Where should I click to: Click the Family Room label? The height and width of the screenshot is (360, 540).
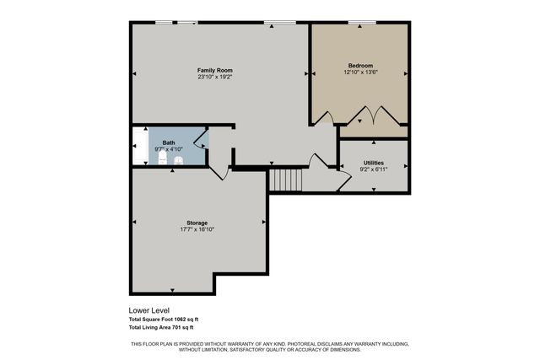[215, 69]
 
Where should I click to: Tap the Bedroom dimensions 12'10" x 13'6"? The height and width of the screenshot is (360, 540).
[360, 73]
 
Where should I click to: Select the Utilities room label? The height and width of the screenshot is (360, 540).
[374, 162]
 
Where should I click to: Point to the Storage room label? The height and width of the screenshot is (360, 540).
[197, 223]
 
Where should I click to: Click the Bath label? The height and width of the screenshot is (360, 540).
[169, 142]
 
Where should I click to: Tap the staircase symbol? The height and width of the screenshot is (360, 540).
[284, 180]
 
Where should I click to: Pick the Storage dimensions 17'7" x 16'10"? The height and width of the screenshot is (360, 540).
[197, 229]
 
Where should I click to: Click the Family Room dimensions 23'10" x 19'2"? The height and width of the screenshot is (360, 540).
[215, 77]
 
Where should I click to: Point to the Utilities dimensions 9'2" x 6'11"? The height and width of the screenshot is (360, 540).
[374, 169]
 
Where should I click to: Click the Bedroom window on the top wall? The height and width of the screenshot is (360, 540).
[362, 22]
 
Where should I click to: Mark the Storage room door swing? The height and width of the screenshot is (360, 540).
[218, 170]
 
